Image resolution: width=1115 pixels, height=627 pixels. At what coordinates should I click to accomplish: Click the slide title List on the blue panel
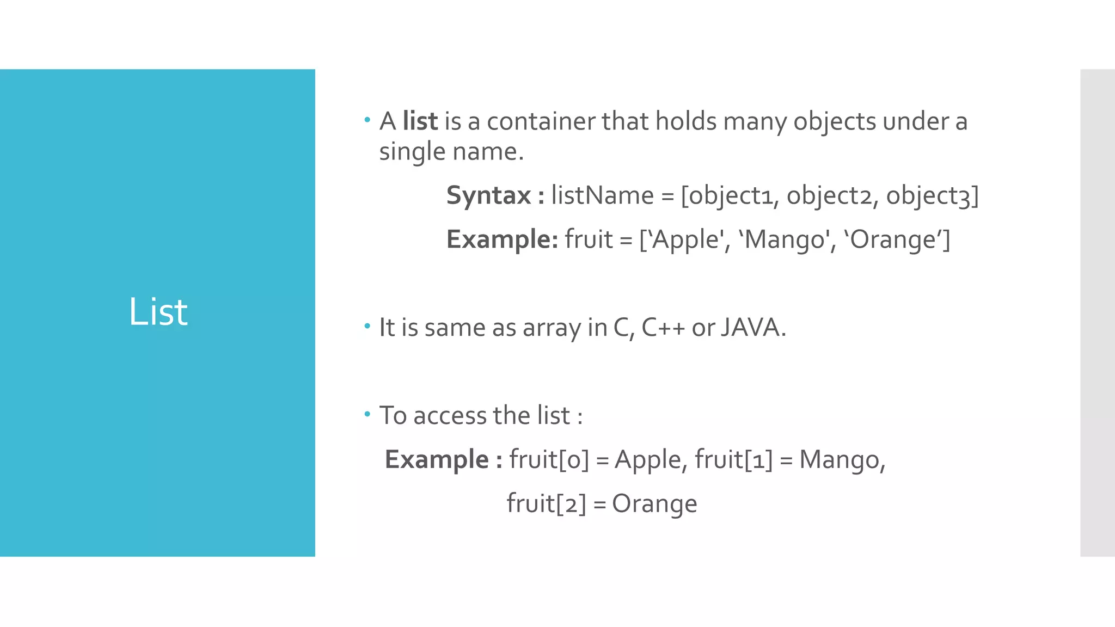click(x=158, y=312)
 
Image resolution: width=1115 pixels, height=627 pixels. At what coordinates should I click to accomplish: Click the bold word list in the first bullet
click(x=420, y=121)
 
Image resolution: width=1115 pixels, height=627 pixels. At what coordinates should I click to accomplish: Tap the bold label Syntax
click(x=488, y=195)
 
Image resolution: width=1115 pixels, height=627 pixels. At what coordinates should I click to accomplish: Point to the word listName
click(x=602, y=195)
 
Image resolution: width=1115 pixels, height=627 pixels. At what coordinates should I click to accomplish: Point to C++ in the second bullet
click(x=663, y=328)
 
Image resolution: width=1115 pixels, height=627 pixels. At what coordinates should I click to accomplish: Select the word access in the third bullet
click(x=450, y=416)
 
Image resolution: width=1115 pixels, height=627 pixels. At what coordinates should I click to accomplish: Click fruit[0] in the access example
click(x=549, y=460)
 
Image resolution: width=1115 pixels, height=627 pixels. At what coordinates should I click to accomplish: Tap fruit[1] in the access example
click(x=733, y=460)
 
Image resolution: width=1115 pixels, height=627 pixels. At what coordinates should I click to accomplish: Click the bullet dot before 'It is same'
click(x=367, y=326)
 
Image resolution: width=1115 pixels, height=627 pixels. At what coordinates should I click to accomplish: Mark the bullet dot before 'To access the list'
click(x=367, y=414)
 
